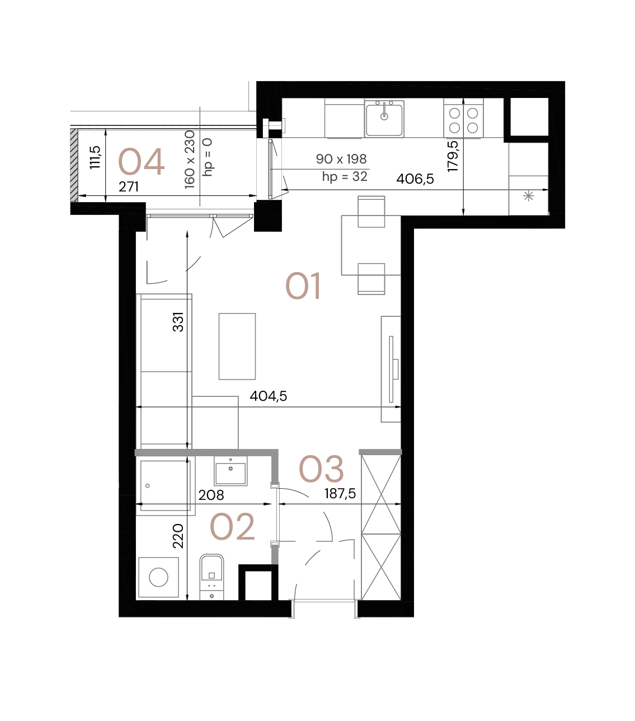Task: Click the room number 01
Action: [x=303, y=286]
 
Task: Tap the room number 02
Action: [x=232, y=527]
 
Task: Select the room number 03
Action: [x=321, y=469]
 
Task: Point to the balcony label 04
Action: [x=141, y=162]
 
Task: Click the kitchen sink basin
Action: [x=384, y=119]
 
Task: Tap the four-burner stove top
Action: [x=463, y=119]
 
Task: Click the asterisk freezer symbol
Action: [x=528, y=196]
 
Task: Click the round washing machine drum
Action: [x=158, y=577]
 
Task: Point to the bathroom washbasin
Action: [x=231, y=471]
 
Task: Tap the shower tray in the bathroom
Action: [x=165, y=486]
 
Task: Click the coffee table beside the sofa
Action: [x=237, y=346]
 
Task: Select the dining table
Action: [x=371, y=245]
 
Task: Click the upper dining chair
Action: [x=371, y=211]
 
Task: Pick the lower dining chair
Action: [x=371, y=279]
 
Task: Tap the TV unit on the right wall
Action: [x=391, y=369]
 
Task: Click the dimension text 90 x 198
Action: [x=341, y=160]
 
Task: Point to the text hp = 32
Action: [x=345, y=177]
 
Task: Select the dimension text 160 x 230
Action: [x=190, y=159]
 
